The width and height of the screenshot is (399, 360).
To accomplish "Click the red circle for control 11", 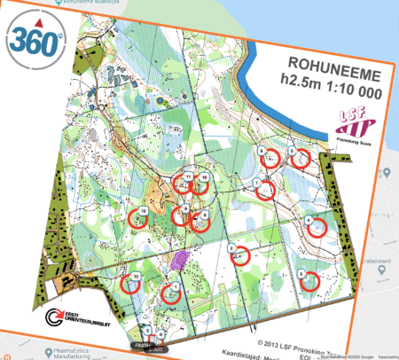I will click(184, 184).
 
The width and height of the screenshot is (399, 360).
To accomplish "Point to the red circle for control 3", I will click(307, 281).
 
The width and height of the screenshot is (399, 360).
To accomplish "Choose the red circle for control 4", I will click(315, 227).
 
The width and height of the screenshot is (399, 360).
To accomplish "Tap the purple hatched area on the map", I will click(180, 260).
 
